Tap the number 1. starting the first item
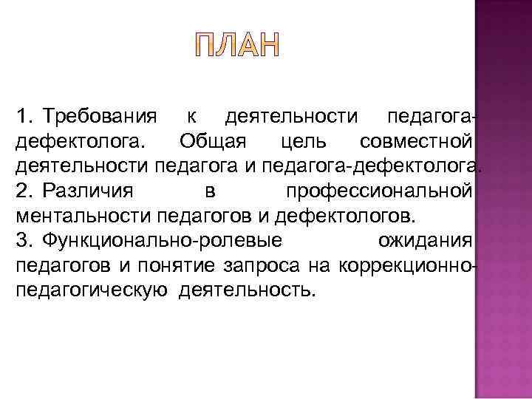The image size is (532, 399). [x=25, y=116]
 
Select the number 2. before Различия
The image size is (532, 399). [x=25, y=191]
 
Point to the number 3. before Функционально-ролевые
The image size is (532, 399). [x=25, y=240]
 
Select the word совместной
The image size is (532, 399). [x=416, y=141]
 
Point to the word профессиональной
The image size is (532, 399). [x=379, y=191]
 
